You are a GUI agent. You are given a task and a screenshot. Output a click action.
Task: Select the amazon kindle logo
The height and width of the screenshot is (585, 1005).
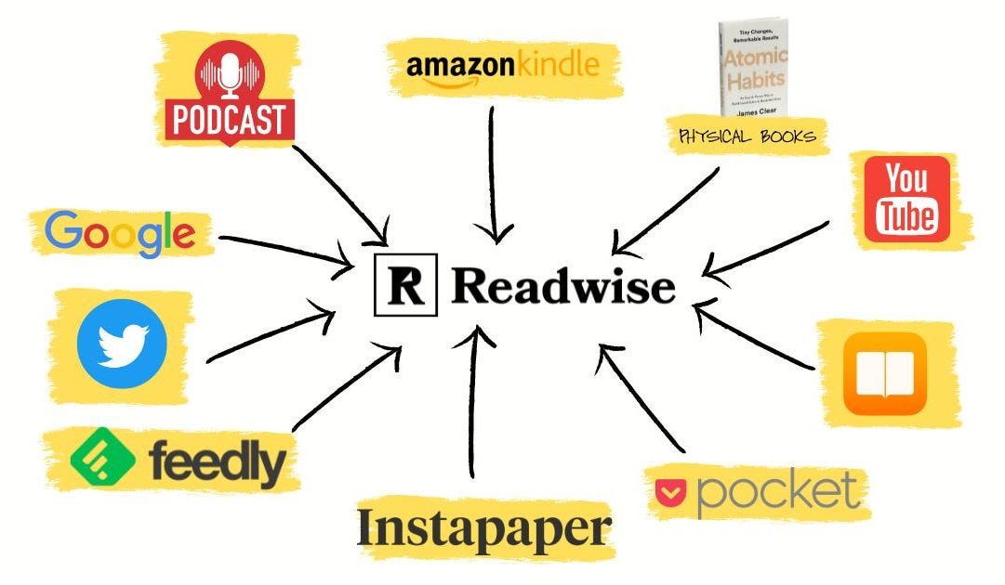502,67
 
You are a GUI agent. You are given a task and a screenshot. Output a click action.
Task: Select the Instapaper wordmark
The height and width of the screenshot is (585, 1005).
483,529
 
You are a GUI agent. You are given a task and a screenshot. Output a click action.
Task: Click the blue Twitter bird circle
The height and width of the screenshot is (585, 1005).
121,344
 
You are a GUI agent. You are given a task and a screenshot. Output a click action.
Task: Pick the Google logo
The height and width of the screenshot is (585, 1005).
121,232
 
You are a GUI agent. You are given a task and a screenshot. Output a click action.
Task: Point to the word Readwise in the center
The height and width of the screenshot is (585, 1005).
563,286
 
